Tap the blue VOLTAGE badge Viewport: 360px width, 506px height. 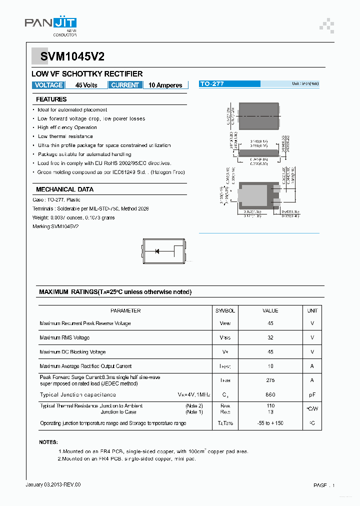point(48,85)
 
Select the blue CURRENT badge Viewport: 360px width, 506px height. point(125,85)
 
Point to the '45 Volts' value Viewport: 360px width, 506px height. point(86,85)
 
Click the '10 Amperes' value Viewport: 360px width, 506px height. point(165,85)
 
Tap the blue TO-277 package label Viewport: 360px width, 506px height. point(212,84)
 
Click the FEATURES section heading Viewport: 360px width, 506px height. point(51,99)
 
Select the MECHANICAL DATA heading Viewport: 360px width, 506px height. point(64,189)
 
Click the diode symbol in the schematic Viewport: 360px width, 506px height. point(157,251)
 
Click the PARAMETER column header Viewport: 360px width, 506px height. point(125,310)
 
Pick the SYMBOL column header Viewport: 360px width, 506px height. point(225,310)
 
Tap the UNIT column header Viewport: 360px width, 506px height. point(312,310)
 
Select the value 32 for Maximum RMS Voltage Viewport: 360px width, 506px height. point(270,337)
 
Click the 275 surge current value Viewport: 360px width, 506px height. point(270,380)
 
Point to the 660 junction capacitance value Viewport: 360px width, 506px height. point(270,394)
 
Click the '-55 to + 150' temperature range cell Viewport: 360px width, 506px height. point(270,423)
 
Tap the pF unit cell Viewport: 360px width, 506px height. point(312,394)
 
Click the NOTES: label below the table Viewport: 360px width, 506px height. point(48,442)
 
